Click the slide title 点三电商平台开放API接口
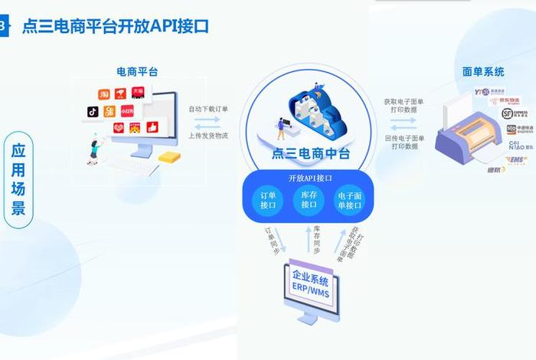(114, 26)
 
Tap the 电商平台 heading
(137, 72)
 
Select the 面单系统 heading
(483, 72)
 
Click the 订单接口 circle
(268, 201)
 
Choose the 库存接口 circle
(309, 201)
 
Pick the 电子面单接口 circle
(351, 201)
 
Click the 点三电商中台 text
(310, 153)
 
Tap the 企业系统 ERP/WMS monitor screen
(309, 283)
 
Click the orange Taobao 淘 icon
(104, 94)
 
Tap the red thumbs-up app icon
(152, 127)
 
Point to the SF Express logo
(507, 113)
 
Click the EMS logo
(515, 159)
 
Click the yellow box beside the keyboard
(170, 156)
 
